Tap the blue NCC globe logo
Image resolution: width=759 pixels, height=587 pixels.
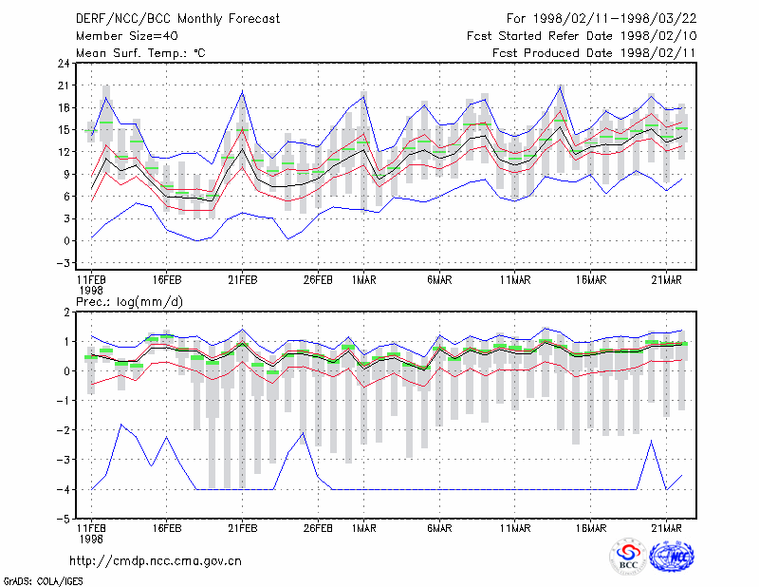tap(672, 557)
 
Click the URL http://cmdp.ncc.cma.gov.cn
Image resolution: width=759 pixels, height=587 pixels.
tap(156, 561)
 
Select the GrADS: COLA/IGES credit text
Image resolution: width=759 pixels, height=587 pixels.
tap(43, 581)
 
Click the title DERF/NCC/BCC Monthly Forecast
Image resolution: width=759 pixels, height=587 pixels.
tap(177, 19)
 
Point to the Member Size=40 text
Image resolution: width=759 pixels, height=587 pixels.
tap(127, 36)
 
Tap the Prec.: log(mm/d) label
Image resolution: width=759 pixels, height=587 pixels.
tap(129, 302)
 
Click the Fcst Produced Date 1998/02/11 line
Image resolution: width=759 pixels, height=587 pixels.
tap(594, 53)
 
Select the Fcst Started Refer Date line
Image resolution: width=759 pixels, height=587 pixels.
tap(582, 36)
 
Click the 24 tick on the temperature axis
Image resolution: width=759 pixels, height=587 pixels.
tap(64, 63)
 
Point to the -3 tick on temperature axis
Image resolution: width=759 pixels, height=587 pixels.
tap(63, 263)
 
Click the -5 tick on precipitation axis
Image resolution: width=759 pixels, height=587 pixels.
tap(63, 520)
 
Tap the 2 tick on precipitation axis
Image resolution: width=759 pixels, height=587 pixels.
tap(66, 312)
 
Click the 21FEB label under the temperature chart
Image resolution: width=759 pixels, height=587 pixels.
tap(243, 280)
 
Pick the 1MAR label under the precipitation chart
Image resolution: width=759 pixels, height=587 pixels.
tap(364, 528)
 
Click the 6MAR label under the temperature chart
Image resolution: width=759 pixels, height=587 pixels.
tap(439, 280)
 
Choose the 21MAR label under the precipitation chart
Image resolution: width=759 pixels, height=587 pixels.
tap(667, 528)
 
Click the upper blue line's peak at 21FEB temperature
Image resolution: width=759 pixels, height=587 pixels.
tap(243, 91)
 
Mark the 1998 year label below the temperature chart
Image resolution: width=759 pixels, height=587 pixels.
tap(91, 291)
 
